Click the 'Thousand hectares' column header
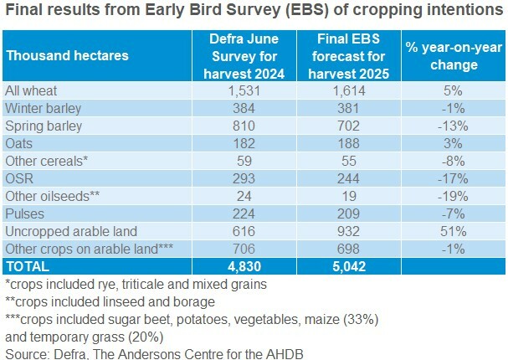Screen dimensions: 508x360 (x=68, y=56)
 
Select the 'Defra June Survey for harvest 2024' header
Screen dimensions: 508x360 (x=244, y=56)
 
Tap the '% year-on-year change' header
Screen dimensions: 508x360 (x=454, y=56)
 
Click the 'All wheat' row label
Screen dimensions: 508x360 (x=31, y=90)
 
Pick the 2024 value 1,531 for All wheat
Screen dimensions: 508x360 (x=244, y=90)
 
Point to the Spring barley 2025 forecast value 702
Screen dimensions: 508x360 (x=349, y=126)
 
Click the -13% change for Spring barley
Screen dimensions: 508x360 (x=453, y=126)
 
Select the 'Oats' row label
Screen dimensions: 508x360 (x=18, y=143)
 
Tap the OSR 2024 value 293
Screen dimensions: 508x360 (x=244, y=178)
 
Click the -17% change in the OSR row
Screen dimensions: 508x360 (x=453, y=178)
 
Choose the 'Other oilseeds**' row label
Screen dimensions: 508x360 (x=53, y=196)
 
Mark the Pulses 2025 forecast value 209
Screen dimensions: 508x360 (x=349, y=213)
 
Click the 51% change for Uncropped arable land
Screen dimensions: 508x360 (x=454, y=231)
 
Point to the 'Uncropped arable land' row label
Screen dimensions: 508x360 (x=71, y=231)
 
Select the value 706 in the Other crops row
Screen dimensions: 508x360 (x=244, y=249)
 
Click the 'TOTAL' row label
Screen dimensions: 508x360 (x=28, y=266)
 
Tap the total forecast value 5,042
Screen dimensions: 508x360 (x=349, y=266)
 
